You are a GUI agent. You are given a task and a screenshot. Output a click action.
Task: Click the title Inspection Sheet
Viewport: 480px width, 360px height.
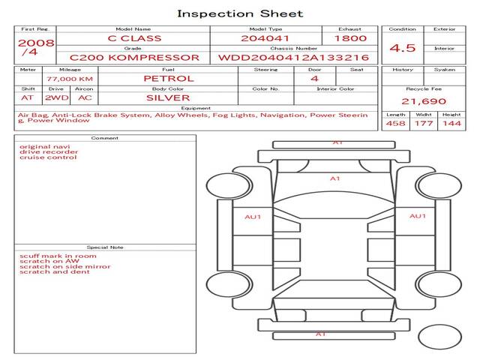coord(240,13)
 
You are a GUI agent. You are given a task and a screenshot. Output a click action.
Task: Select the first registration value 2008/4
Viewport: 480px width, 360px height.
coord(36,47)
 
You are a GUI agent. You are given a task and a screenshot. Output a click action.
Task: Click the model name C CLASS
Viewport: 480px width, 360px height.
coord(134,38)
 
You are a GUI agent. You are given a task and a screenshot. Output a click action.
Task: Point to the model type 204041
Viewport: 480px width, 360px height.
coord(265,38)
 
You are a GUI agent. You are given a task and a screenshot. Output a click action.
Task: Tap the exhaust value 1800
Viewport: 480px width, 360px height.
coord(350,38)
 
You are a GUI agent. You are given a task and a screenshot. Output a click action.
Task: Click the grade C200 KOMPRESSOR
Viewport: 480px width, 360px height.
coord(134,58)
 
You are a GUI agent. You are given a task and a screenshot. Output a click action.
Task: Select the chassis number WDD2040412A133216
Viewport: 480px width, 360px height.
coord(293,58)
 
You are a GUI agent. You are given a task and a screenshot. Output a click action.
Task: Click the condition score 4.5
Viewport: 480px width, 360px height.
coord(402,48)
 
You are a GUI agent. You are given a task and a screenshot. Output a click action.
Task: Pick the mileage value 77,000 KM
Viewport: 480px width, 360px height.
coord(70,79)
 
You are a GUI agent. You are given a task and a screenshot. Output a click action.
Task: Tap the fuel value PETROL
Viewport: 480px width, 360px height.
coord(169,79)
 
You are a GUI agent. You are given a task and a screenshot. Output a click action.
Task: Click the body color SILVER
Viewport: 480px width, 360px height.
coord(168,98)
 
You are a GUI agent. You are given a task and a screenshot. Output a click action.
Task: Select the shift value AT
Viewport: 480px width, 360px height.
coord(27,98)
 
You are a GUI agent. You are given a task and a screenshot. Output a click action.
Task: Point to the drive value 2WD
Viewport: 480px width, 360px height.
coord(57,98)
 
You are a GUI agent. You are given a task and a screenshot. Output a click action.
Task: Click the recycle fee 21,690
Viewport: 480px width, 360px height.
coord(424,101)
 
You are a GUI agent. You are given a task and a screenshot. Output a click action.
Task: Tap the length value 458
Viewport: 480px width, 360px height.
coord(395,123)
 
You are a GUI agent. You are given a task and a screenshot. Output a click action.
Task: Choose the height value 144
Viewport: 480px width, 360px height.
coord(451,123)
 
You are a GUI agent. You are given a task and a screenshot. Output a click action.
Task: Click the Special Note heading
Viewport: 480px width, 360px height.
coord(105,247)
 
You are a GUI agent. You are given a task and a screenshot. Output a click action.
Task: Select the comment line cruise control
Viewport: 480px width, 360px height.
coord(48,157)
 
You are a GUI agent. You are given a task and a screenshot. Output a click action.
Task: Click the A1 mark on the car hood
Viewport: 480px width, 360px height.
coord(335,178)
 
